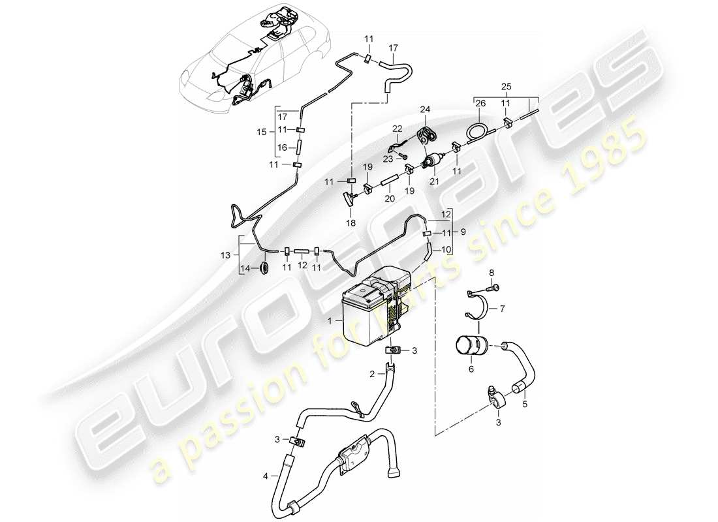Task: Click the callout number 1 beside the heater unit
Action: pyautogui.click(x=331, y=321)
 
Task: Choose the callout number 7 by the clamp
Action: pyautogui.click(x=503, y=309)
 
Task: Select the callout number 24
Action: pyautogui.click(x=425, y=109)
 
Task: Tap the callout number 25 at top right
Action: pyautogui.click(x=507, y=86)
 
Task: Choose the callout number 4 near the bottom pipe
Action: pyautogui.click(x=266, y=477)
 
